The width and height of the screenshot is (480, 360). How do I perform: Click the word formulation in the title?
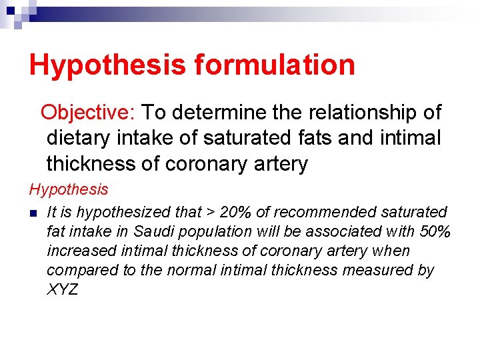pyautogui.click(x=275, y=65)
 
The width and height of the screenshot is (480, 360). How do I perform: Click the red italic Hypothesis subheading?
pyautogui.click(x=69, y=189)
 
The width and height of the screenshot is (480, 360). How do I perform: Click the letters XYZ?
pyautogui.click(x=62, y=290)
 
